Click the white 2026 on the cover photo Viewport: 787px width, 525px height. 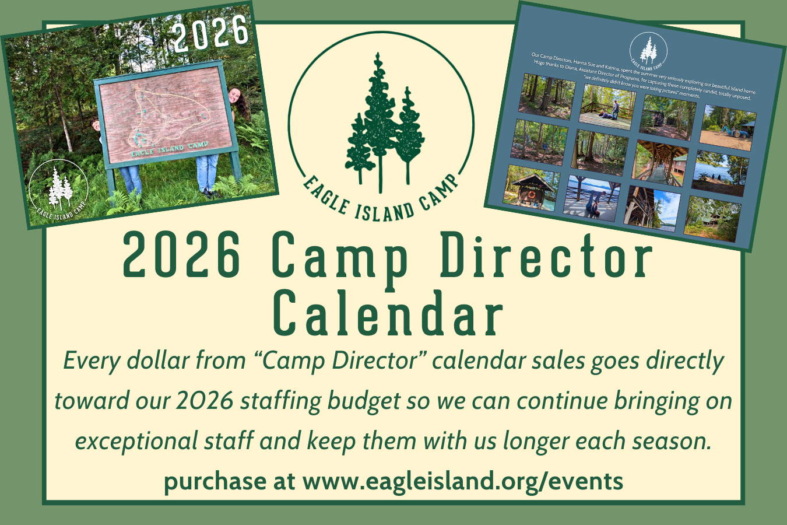(211, 32)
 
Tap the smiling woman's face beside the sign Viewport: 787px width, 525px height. (234, 95)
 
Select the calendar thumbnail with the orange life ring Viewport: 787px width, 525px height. (531, 186)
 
